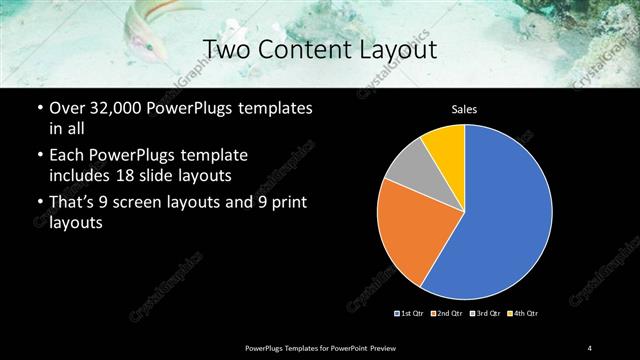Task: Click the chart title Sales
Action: point(464,108)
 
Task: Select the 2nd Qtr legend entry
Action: point(447,314)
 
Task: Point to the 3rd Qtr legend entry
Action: point(486,314)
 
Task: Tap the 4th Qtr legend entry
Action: point(523,314)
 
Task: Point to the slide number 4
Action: point(590,347)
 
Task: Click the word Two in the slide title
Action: point(222,49)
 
